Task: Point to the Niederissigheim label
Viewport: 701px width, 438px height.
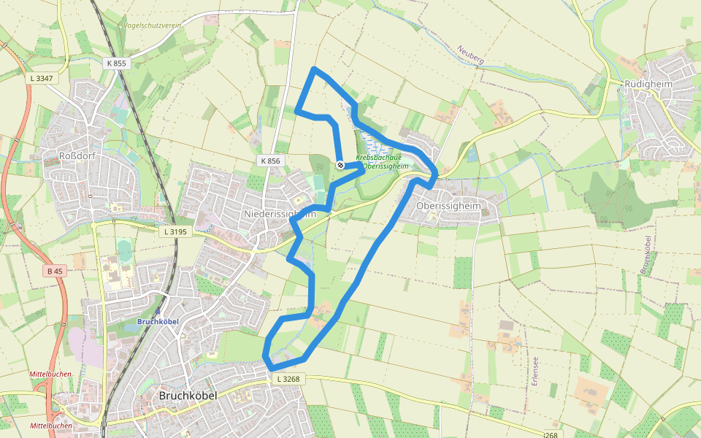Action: [280, 214]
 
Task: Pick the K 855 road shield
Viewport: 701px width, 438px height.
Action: [117, 64]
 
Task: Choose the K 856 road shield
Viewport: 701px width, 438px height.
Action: [269, 160]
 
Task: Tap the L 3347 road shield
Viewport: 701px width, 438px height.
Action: [42, 77]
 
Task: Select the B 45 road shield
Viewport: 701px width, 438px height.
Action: [55, 271]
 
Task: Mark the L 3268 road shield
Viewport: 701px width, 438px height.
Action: [288, 379]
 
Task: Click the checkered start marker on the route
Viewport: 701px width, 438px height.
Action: [340, 165]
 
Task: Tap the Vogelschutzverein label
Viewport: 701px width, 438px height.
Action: [152, 25]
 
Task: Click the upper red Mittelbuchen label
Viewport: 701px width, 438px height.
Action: [50, 374]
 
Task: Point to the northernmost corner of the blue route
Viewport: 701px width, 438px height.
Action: [314, 69]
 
